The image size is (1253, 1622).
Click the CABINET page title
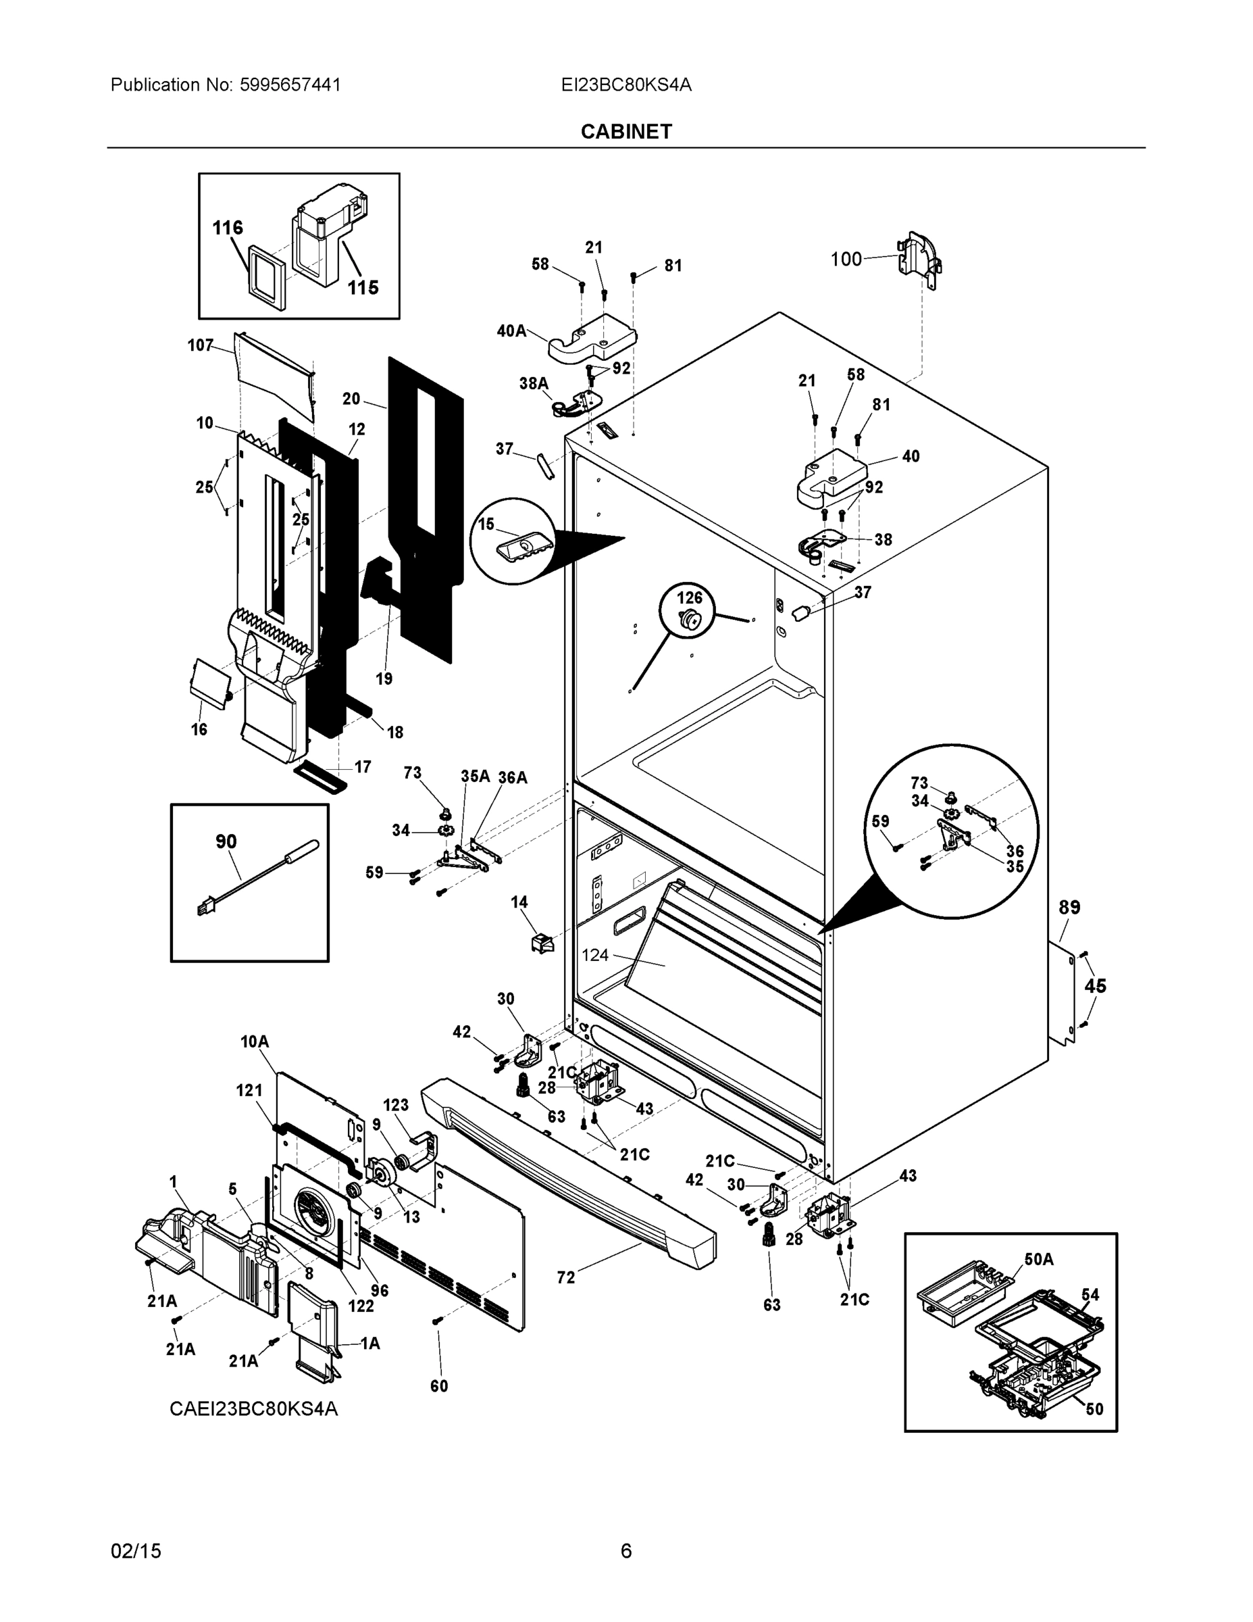click(625, 132)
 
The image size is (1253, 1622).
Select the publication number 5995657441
click(290, 84)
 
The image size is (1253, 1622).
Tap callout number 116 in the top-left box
click(228, 227)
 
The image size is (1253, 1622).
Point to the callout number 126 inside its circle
click(689, 597)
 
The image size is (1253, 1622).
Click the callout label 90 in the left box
click(226, 841)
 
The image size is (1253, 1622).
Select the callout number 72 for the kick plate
click(565, 1278)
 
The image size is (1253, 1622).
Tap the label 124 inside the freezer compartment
click(594, 955)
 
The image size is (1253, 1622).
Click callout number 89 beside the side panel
click(1069, 907)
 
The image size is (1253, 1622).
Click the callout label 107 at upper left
click(201, 345)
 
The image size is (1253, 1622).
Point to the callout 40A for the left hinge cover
click(511, 330)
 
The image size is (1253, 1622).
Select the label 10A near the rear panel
click(254, 1042)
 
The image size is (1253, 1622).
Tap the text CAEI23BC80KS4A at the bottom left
click(253, 1408)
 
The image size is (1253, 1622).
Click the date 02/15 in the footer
click(136, 1551)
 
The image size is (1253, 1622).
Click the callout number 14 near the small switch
click(519, 902)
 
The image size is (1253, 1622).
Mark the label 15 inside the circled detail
click(486, 524)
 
